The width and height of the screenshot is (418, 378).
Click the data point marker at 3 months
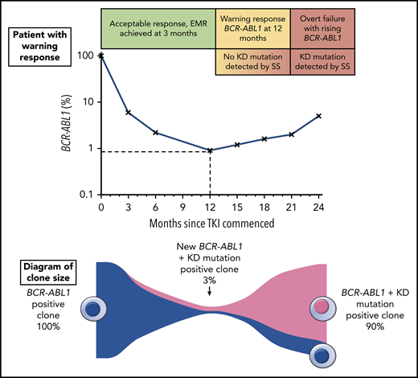point(128,112)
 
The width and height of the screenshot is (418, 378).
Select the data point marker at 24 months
point(321,116)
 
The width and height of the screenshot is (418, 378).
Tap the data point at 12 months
point(211,150)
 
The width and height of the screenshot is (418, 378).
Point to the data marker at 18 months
point(265,139)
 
